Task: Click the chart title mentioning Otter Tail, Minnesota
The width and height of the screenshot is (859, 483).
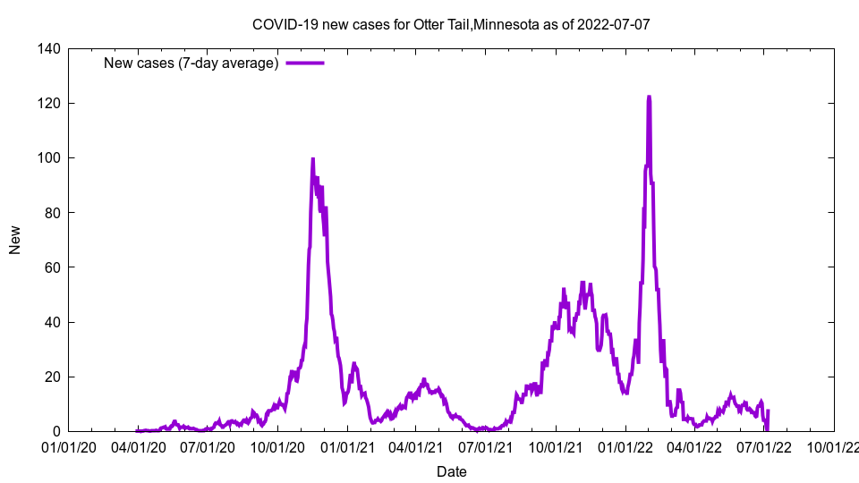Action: point(450,24)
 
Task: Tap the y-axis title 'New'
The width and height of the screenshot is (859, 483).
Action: point(15,240)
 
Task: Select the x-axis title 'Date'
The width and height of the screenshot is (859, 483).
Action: point(451,471)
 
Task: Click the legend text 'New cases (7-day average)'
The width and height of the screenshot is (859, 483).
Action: point(191,63)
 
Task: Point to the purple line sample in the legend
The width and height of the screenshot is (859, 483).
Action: point(305,63)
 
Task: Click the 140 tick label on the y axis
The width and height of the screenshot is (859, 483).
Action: point(49,49)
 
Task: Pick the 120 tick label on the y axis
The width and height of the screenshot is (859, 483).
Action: point(49,104)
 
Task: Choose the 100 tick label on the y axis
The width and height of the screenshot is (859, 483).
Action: point(49,158)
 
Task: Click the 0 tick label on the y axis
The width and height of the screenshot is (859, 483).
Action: point(56,431)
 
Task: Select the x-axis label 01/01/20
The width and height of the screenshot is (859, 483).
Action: point(68,447)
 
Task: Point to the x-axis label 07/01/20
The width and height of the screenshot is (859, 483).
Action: point(208,447)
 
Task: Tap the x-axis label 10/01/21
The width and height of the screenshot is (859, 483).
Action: point(557,447)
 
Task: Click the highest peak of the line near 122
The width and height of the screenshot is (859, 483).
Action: point(648,97)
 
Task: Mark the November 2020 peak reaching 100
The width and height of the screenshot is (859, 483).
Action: point(312,158)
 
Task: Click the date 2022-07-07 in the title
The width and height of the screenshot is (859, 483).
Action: point(613,24)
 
